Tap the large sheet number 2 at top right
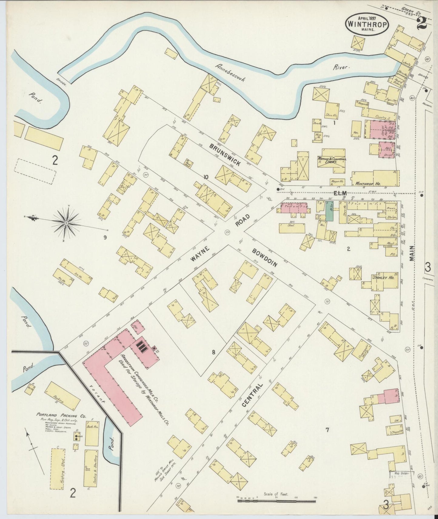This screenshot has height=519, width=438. tap(422, 23)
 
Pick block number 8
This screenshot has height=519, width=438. tap(214, 352)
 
